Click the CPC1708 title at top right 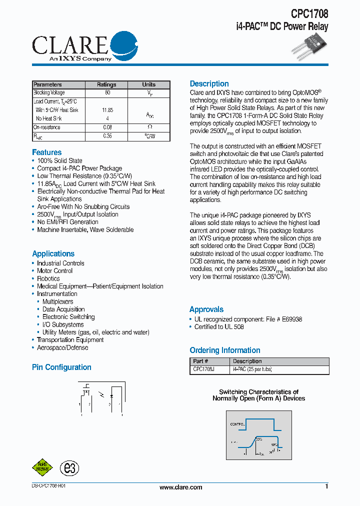pos(309,14)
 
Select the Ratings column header pos(106,84)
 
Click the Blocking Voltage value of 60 pos(107,93)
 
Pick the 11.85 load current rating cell pos(107,110)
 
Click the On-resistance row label pos(46,127)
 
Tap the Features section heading pos(47,152)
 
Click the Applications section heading pos(53,254)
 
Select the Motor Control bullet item pos(54,271)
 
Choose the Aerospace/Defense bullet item pos(62,348)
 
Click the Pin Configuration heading pos(61,367)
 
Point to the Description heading pos(209,84)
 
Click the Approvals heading pos(206,309)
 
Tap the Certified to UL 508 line pos(219,327)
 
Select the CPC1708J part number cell pos(203,369)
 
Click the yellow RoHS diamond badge pos(42,467)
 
